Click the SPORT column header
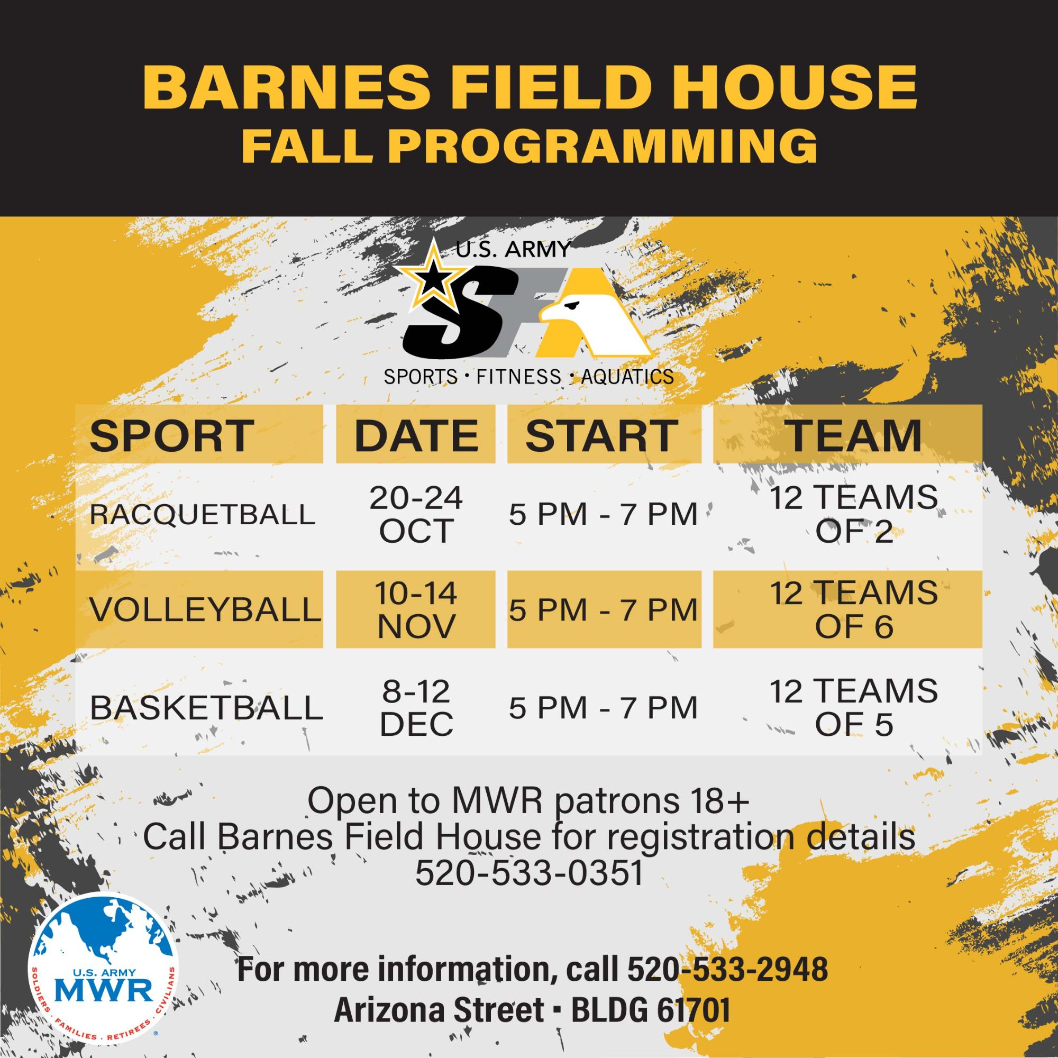(171, 436)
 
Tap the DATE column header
(416, 436)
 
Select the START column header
(602, 436)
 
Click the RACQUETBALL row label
(202, 514)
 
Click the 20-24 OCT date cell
(416, 515)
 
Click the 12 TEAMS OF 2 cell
(854, 515)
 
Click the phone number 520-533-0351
(529, 873)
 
